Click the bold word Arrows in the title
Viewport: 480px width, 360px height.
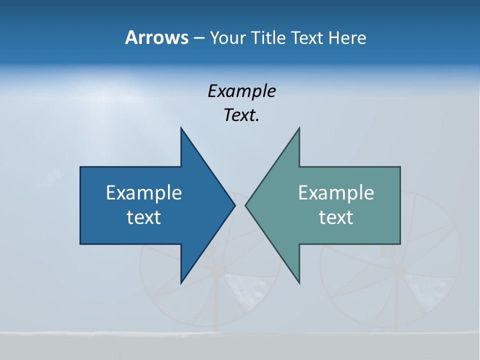point(156,37)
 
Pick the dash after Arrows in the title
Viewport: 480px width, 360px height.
point(198,38)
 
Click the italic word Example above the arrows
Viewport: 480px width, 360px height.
point(241,91)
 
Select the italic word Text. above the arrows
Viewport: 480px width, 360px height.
point(241,115)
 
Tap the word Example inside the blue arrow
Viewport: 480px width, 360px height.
point(144,193)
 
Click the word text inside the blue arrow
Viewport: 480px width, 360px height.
point(144,217)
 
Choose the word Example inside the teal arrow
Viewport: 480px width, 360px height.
point(336,193)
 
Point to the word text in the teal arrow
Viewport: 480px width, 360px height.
point(336,217)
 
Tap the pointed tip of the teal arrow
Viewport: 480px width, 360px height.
point(246,205)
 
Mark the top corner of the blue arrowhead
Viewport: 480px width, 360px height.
point(181,128)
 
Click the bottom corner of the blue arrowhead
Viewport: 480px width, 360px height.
point(181,282)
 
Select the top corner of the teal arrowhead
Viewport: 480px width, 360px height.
point(299,128)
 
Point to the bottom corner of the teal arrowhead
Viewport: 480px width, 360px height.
point(299,282)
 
